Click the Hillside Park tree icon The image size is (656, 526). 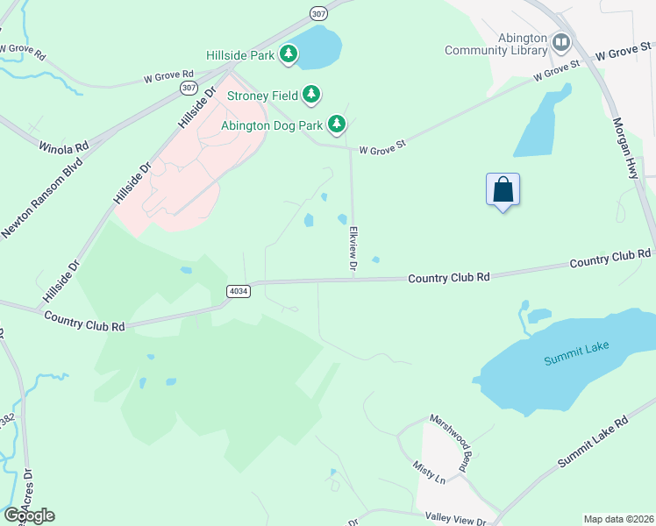click(289, 55)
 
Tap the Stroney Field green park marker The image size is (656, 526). click(311, 94)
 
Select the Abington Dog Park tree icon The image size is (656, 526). click(336, 125)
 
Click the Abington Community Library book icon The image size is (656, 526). click(560, 41)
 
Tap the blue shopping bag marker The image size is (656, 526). click(503, 189)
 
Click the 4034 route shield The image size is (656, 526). click(238, 290)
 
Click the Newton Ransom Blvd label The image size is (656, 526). click(40, 199)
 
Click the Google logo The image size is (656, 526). click(30, 515)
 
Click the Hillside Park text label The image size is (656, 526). click(240, 55)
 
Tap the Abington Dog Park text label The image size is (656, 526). click(272, 125)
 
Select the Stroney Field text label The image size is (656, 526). click(261, 94)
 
